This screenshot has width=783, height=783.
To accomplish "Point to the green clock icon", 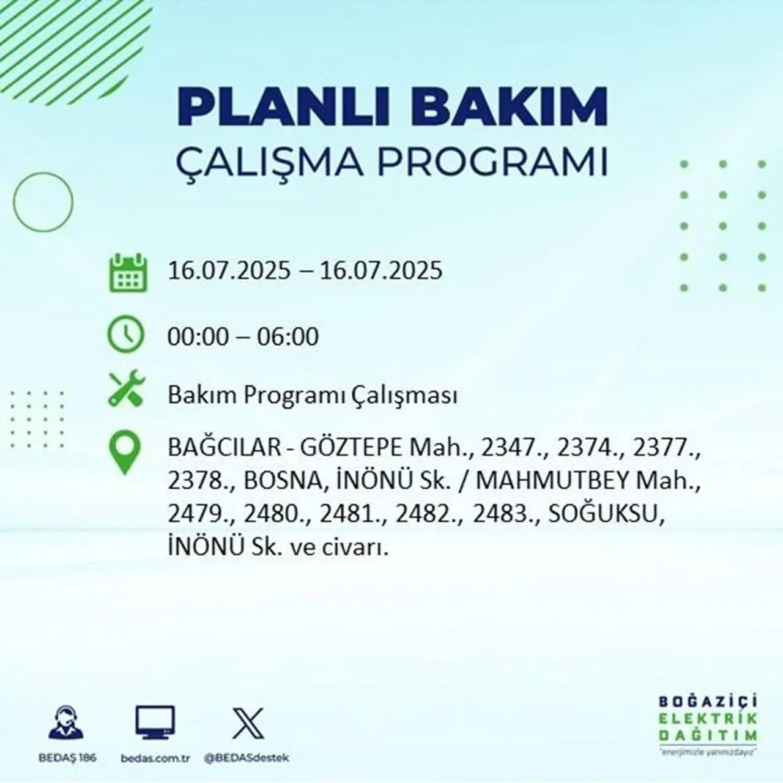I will click(126, 335).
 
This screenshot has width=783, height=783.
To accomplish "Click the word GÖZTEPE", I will click(350, 449).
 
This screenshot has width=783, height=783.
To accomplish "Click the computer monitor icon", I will click(155, 723).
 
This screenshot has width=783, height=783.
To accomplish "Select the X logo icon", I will click(248, 722).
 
